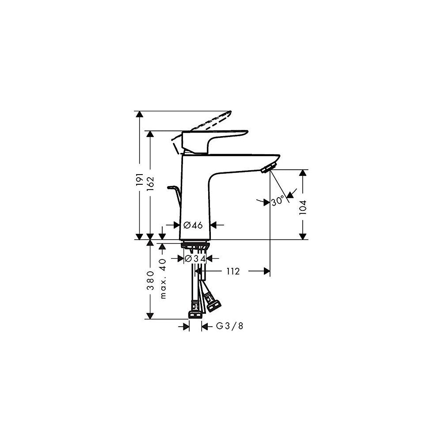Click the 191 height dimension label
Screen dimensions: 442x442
[140, 179]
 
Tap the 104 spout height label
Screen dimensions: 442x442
[302, 208]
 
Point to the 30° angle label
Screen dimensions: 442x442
[278, 201]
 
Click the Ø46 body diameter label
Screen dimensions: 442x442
[193, 225]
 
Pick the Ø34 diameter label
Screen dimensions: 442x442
[195, 258]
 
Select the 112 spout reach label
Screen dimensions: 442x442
[233, 271]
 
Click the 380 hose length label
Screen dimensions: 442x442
[150, 281]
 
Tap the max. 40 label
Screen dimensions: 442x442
[163, 278]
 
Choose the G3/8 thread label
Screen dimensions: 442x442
[229, 326]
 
